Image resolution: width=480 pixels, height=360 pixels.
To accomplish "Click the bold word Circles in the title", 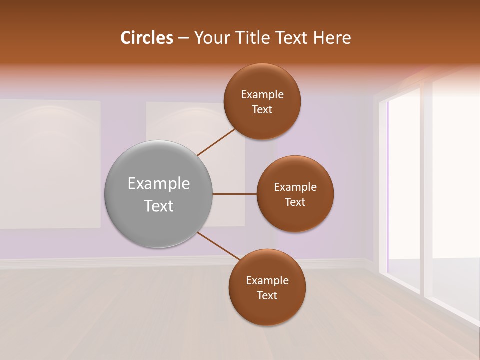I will [146, 38].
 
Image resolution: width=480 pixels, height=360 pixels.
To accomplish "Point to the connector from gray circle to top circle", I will [216, 142].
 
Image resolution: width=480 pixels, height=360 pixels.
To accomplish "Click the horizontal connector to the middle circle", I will [234, 194].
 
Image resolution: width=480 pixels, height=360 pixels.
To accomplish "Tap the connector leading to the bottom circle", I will [219, 246].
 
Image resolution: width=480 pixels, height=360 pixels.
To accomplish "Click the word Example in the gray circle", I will [159, 184].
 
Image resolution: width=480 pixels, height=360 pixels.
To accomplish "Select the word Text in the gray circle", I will [159, 206].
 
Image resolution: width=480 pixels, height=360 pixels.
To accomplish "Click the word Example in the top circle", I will [262, 95].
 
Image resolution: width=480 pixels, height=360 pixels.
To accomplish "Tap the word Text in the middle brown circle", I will [295, 202].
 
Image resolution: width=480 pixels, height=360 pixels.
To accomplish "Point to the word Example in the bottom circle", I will [267, 281].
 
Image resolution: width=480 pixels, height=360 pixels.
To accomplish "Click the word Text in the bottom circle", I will [267, 296].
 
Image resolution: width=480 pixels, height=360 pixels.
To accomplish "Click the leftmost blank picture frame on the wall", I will [50, 164].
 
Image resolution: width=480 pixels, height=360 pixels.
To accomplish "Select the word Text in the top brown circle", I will [262, 110].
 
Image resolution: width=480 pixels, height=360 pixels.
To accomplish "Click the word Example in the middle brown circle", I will [295, 187].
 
